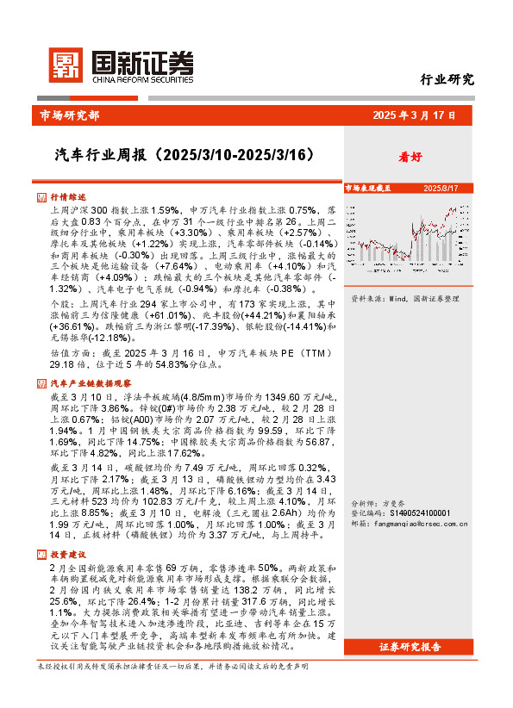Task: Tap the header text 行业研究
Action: [x=447, y=80]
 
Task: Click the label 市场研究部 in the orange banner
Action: [x=69, y=115]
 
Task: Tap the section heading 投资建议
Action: [x=68, y=556]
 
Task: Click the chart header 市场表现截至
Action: [x=367, y=188]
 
